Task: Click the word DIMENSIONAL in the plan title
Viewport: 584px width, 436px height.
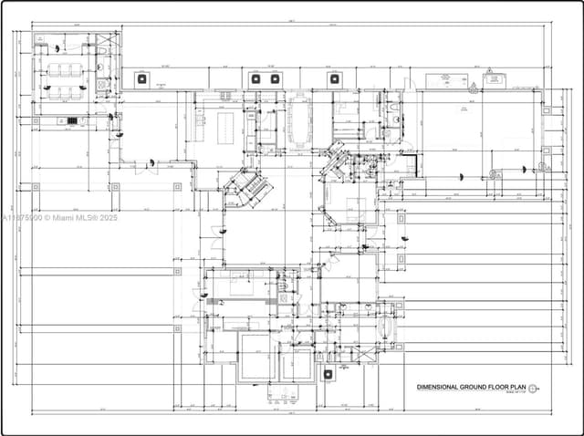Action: coord(438,388)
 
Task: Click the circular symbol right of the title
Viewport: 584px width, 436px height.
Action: coord(533,388)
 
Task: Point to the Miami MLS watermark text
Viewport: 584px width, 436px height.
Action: coord(60,217)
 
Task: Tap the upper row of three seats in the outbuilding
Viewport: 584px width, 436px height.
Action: coord(66,69)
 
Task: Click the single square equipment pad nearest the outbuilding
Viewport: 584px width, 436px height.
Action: coord(141,78)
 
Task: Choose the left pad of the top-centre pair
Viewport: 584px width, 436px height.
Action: coord(257,78)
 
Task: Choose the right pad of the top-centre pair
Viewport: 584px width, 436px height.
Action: coord(274,78)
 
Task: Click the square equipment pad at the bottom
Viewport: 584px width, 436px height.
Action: coord(328,373)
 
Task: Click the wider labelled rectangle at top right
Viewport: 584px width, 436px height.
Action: coord(444,80)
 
